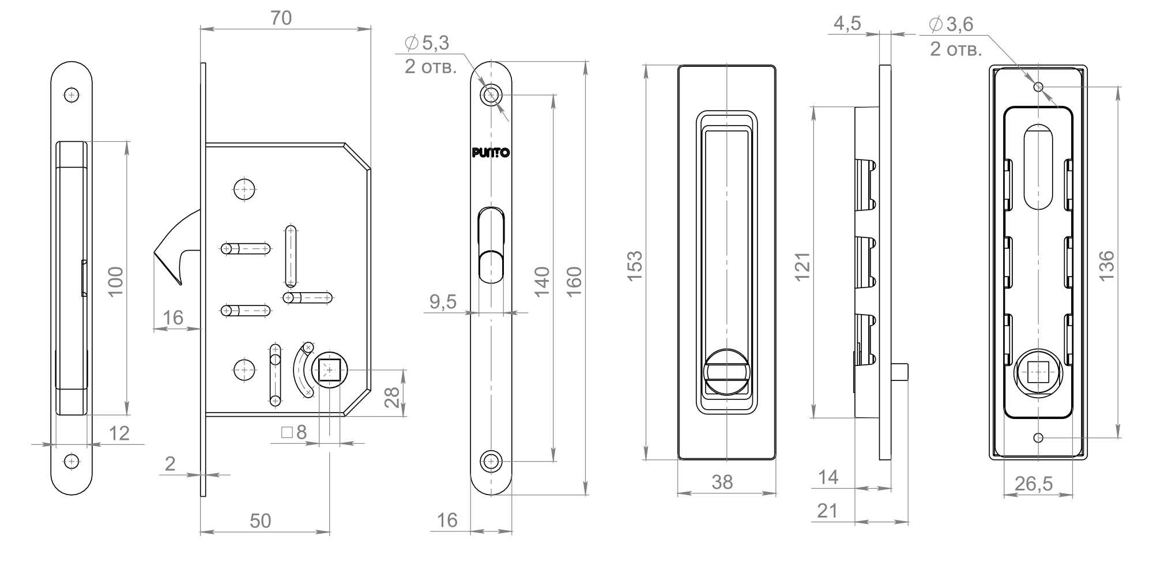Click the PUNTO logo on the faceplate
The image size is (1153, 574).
(x=490, y=153)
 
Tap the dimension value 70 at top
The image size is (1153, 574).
(x=281, y=18)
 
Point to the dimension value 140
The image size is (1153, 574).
(x=542, y=281)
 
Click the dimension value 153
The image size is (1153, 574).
(x=635, y=266)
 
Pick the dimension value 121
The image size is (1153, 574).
(x=802, y=266)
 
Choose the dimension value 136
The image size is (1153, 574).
(x=1106, y=266)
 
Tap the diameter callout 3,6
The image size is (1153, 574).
(x=952, y=24)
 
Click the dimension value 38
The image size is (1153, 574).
(x=722, y=482)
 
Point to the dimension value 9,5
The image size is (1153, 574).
(x=443, y=301)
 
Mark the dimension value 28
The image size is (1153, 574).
(x=392, y=397)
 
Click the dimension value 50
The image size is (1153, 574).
(x=260, y=520)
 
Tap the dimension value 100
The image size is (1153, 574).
(x=116, y=281)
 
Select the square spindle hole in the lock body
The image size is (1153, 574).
(x=329, y=369)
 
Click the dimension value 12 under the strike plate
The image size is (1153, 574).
(x=119, y=433)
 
